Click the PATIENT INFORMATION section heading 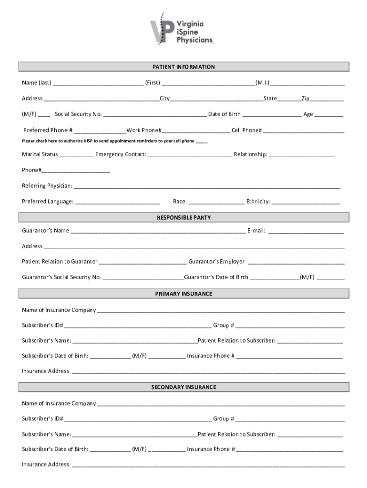pos(183,67)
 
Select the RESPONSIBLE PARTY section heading pos(183,218)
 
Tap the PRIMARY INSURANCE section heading pos(183,294)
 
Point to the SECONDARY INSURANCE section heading pos(183,387)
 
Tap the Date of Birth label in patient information pos(224,114)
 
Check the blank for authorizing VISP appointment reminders pos(202,142)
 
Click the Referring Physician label pos(47,185)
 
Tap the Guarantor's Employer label pos(216,262)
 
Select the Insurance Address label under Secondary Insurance pos(45,465)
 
